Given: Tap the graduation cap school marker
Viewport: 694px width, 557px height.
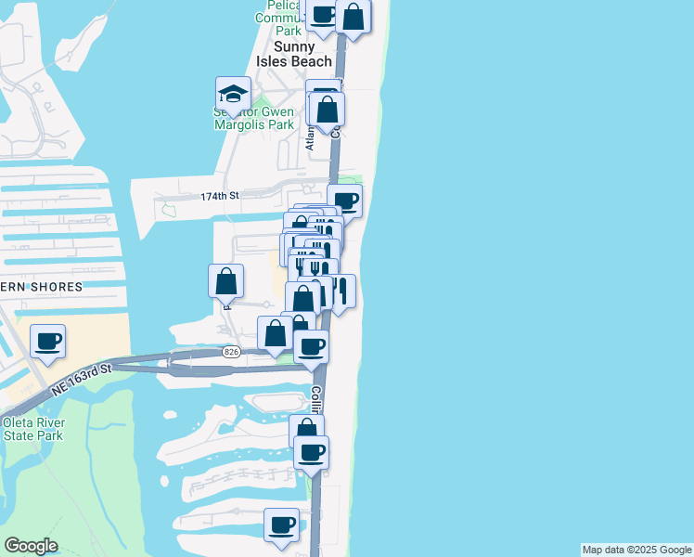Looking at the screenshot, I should click(x=233, y=94).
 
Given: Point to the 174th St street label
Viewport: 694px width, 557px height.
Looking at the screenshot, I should click(x=220, y=197).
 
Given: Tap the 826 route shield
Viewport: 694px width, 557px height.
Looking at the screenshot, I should click(x=232, y=352).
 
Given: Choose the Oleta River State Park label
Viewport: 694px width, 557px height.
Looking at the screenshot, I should click(x=32, y=429).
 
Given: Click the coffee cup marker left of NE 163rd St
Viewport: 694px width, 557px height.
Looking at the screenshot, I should click(x=48, y=341).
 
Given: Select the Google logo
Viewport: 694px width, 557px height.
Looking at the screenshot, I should click(x=31, y=546).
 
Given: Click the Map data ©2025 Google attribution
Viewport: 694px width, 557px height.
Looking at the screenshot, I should click(x=636, y=550).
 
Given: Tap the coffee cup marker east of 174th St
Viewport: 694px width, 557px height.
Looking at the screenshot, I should click(x=344, y=201).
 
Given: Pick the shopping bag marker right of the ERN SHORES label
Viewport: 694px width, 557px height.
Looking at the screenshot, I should click(x=226, y=280).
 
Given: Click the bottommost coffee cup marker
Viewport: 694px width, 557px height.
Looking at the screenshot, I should click(x=281, y=525).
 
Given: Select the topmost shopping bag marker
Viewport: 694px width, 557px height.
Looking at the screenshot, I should click(x=353, y=15).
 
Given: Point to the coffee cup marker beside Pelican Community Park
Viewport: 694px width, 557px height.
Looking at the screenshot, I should click(x=322, y=14).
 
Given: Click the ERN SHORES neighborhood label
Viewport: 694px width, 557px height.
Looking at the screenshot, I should click(x=42, y=287).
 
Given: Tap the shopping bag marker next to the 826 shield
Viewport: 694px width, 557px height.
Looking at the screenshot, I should click(x=275, y=333).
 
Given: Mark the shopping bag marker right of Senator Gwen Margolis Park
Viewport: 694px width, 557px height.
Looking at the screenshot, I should click(x=328, y=109).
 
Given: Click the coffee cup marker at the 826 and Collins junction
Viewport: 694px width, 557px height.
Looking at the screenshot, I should click(x=312, y=346).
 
